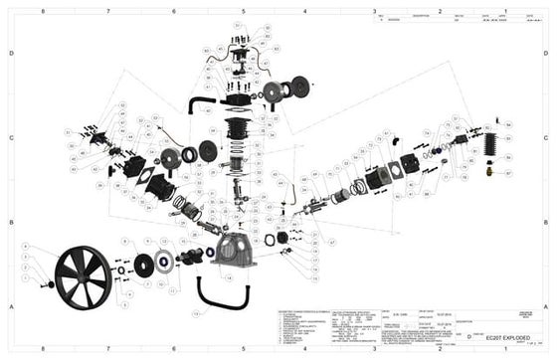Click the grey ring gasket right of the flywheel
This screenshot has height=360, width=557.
[x=138, y=266]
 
